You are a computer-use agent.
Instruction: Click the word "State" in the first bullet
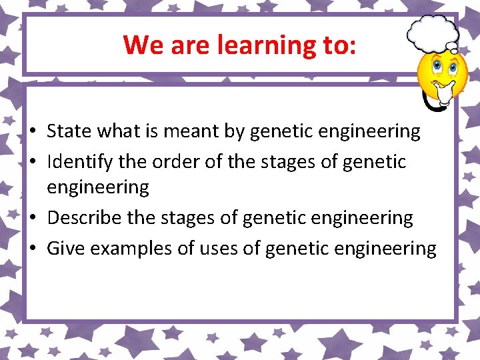click(x=69, y=132)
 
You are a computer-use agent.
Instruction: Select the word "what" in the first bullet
click(x=119, y=132)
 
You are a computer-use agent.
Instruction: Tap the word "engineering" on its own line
click(x=98, y=188)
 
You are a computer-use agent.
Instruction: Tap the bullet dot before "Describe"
click(x=32, y=219)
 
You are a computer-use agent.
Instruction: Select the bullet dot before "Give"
click(x=32, y=249)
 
